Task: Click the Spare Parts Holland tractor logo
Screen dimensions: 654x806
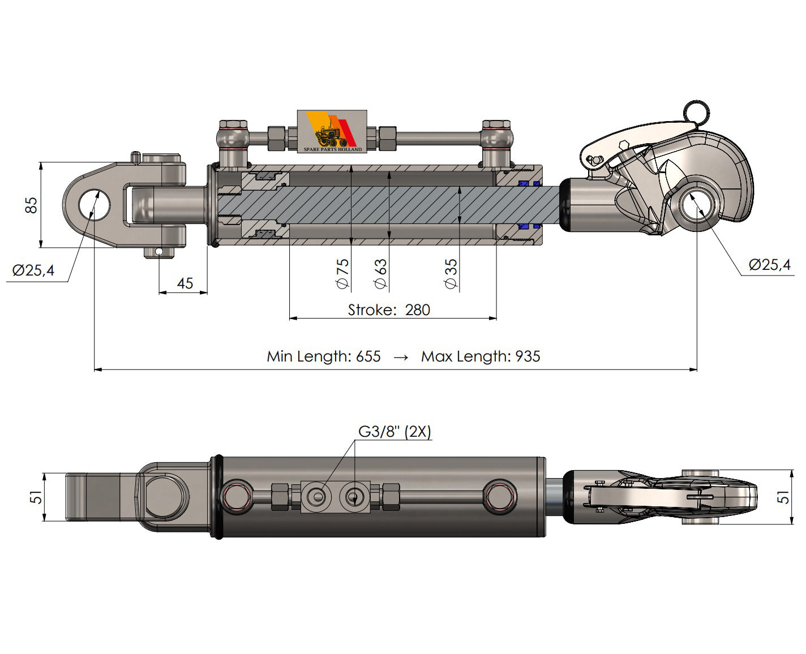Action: tap(332, 131)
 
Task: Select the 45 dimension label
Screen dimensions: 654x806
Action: tap(185, 283)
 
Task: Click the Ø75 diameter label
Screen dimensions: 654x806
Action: tap(343, 274)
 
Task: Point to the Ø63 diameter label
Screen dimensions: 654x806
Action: tap(380, 274)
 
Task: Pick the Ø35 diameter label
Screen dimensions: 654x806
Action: tap(451, 274)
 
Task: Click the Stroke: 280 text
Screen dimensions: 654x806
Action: tap(389, 310)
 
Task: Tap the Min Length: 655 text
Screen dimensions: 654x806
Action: tap(323, 356)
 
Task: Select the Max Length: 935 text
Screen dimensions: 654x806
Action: tap(481, 356)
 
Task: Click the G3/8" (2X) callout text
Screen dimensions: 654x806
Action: tap(395, 432)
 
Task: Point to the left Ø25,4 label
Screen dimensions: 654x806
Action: tap(33, 270)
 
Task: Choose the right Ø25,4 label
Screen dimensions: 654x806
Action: tap(770, 265)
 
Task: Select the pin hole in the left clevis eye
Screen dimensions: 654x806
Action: tap(93, 204)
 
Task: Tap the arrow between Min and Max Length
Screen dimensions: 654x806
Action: tap(401, 358)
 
